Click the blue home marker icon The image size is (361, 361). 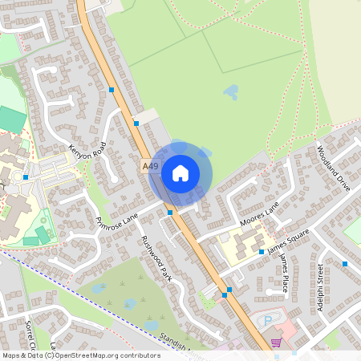coord(180,173)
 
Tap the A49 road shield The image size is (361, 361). coord(149,165)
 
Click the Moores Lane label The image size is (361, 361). coord(259,214)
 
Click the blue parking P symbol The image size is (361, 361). coord(266,321)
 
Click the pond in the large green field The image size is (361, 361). coord(231,91)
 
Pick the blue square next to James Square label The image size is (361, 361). coord(262,252)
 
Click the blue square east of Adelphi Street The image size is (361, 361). coord(345,263)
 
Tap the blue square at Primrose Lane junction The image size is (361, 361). coord(170,212)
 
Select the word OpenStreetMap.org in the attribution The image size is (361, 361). coord(83,355)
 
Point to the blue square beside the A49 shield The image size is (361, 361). coord(136,124)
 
